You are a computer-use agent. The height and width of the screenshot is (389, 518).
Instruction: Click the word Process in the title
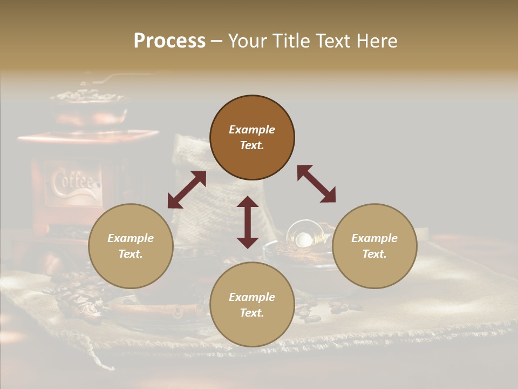(x=169, y=41)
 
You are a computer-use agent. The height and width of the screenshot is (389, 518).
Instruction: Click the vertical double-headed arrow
(x=248, y=222)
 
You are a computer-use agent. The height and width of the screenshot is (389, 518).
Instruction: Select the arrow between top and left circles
(x=187, y=190)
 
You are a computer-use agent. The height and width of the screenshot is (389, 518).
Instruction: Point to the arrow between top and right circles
(x=316, y=184)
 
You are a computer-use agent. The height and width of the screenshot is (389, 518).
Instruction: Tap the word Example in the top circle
(x=252, y=130)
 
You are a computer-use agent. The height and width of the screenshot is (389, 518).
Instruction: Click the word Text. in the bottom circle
(x=252, y=313)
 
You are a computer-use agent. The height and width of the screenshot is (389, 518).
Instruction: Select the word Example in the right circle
(x=374, y=238)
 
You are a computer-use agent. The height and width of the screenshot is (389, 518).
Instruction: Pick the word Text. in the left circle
(x=131, y=254)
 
